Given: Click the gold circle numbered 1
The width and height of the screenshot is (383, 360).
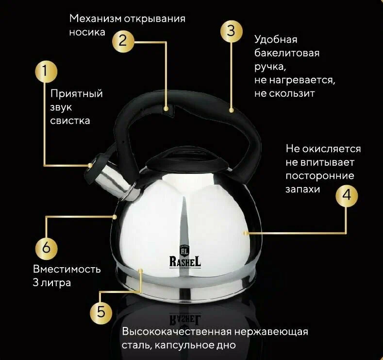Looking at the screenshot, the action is (x=46, y=72).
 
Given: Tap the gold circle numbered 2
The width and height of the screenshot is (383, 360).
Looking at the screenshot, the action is (x=123, y=41).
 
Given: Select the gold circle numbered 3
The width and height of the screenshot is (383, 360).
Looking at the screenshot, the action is (x=232, y=32).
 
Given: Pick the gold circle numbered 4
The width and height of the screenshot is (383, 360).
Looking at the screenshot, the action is (x=347, y=196).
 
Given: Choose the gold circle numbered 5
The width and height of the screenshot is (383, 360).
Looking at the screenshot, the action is (x=101, y=312).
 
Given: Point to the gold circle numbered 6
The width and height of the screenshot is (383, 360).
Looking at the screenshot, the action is (x=46, y=248).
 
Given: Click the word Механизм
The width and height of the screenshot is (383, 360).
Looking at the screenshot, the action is (x=95, y=19).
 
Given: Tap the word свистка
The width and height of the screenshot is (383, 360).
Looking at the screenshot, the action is (x=70, y=121).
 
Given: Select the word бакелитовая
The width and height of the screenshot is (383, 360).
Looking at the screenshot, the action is (x=287, y=53).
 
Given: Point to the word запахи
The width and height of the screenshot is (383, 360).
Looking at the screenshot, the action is (x=302, y=189).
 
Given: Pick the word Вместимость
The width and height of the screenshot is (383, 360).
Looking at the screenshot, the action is (x=67, y=269).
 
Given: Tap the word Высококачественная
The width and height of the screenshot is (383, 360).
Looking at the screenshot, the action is (x=177, y=332).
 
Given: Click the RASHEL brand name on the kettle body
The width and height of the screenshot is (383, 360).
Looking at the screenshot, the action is (x=185, y=261).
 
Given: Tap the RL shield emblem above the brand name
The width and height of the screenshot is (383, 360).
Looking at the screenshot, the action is (x=184, y=250).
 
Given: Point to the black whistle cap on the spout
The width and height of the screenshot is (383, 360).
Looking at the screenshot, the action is (x=96, y=165).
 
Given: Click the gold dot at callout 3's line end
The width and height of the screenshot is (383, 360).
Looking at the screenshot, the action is (x=231, y=110).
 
